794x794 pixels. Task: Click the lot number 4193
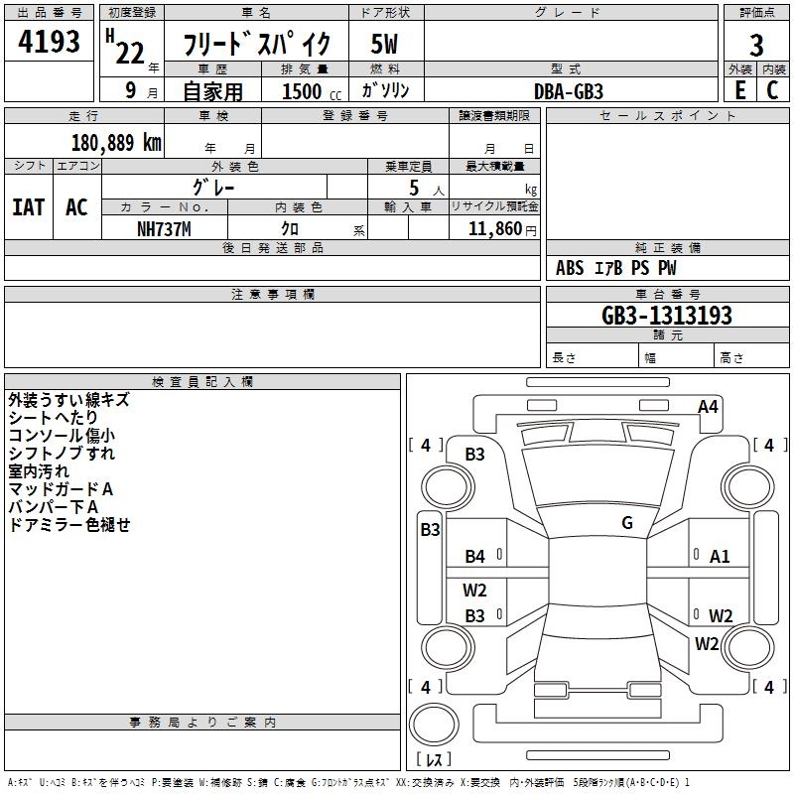point(50,42)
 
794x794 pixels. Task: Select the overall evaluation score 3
point(756,45)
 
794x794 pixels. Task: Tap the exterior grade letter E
point(739,89)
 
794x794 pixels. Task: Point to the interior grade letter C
point(772,89)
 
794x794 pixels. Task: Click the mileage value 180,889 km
point(116,142)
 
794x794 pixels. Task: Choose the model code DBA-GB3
point(569,90)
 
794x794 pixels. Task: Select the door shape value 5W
point(384,45)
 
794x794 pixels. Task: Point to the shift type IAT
point(28,206)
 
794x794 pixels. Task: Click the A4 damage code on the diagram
point(708,406)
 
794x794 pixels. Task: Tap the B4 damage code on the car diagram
point(475,557)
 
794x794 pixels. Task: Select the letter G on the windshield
point(627,523)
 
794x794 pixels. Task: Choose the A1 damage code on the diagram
point(720,557)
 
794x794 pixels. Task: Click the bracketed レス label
point(432,760)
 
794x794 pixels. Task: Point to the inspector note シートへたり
point(54,418)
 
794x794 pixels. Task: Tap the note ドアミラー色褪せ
point(68,525)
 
